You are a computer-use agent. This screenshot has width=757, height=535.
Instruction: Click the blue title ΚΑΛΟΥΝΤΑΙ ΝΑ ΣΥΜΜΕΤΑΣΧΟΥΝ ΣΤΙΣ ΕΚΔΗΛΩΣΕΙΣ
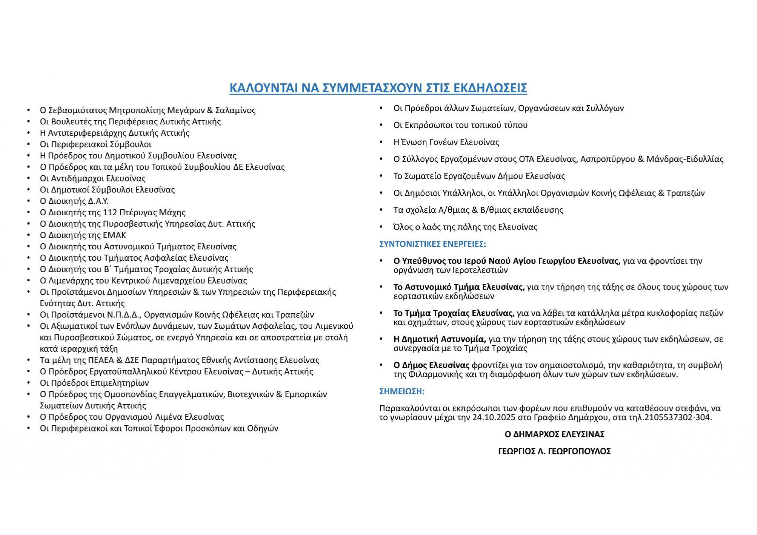tap(378, 88)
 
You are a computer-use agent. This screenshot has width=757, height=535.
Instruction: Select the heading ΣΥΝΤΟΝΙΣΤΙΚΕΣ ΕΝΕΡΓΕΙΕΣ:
tap(433, 244)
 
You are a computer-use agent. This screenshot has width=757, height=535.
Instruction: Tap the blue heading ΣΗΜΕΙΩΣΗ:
tap(402, 391)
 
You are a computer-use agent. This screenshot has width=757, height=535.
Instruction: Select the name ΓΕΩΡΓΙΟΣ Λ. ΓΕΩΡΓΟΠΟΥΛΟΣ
tap(554, 451)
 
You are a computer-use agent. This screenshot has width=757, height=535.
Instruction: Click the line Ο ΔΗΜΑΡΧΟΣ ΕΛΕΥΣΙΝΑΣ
tap(554, 434)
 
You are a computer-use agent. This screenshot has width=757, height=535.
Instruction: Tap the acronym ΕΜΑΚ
tap(114, 236)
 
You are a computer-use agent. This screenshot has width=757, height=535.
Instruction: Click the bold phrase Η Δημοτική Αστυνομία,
tap(440, 339)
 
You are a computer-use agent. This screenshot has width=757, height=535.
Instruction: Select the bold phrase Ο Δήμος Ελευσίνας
tap(431, 365)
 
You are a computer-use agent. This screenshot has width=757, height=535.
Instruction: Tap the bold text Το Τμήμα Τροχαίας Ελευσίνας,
tap(454, 313)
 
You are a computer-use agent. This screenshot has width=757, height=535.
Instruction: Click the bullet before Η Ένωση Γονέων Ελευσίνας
tap(381, 142)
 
